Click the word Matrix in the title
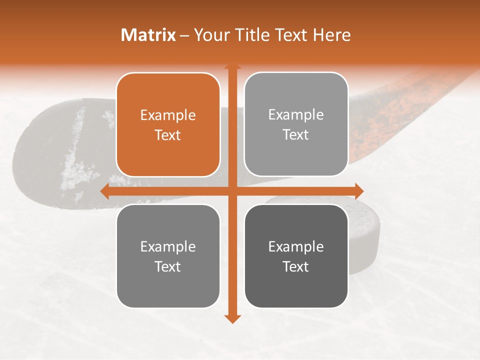[x=148, y=35]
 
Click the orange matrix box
[x=168, y=124]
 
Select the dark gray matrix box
[x=296, y=256]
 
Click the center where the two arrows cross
[x=232, y=191]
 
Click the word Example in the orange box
[x=168, y=115]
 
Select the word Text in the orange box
[x=168, y=135]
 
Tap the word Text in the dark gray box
[x=296, y=266]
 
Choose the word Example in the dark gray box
[x=296, y=246]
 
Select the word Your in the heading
[x=208, y=35]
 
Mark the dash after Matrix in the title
[x=184, y=35]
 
